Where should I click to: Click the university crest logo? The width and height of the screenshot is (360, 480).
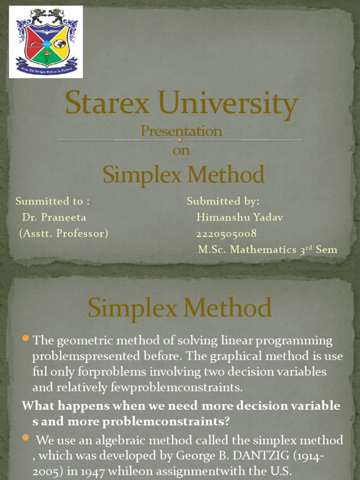pos(46,42)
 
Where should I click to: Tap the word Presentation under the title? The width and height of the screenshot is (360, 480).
pos(181,131)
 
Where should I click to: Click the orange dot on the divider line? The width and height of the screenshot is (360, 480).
pos(180,140)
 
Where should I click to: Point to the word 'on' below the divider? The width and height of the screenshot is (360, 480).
pos(181,151)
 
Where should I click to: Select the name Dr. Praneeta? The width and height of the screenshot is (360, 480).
pos(54,217)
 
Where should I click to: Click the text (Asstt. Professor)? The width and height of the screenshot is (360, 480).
pos(64,233)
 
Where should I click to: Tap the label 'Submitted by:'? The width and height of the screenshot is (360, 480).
pos(223,202)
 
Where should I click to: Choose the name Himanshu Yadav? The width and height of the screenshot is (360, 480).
pos(240,217)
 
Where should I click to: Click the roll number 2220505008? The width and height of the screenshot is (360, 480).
pos(226,233)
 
